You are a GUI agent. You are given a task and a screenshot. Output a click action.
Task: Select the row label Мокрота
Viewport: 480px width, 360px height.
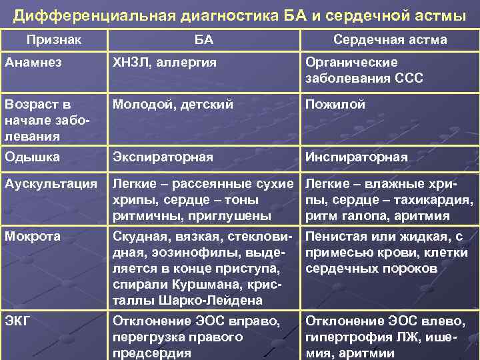pos(32,236)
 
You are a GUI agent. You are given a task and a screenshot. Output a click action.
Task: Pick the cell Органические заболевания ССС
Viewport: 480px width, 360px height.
pos(364,70)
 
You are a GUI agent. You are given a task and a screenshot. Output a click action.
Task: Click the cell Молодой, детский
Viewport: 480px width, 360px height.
pos(172,105)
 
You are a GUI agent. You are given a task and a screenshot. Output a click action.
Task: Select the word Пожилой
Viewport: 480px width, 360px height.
pos(335,105)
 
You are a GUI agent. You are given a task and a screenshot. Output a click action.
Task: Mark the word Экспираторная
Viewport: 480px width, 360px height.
pos(163,157)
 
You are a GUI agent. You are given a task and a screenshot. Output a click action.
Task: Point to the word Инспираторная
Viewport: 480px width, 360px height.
pos(356,157)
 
